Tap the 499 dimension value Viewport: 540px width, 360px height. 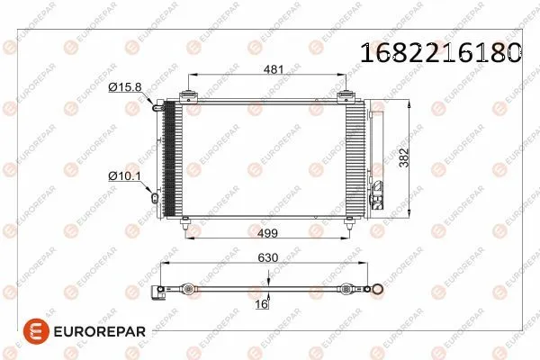(268, 234)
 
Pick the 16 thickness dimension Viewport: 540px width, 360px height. (262, 306)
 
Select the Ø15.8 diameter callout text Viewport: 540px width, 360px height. (125, 87)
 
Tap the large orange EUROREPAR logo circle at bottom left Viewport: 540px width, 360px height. (20, 332)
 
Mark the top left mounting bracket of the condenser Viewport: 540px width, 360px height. (189, 96)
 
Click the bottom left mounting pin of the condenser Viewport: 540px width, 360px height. (186, 228)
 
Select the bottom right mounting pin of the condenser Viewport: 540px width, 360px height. (347, 228)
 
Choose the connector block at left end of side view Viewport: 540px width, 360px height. (161, 290)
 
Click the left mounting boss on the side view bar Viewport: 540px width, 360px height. (186, 290)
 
